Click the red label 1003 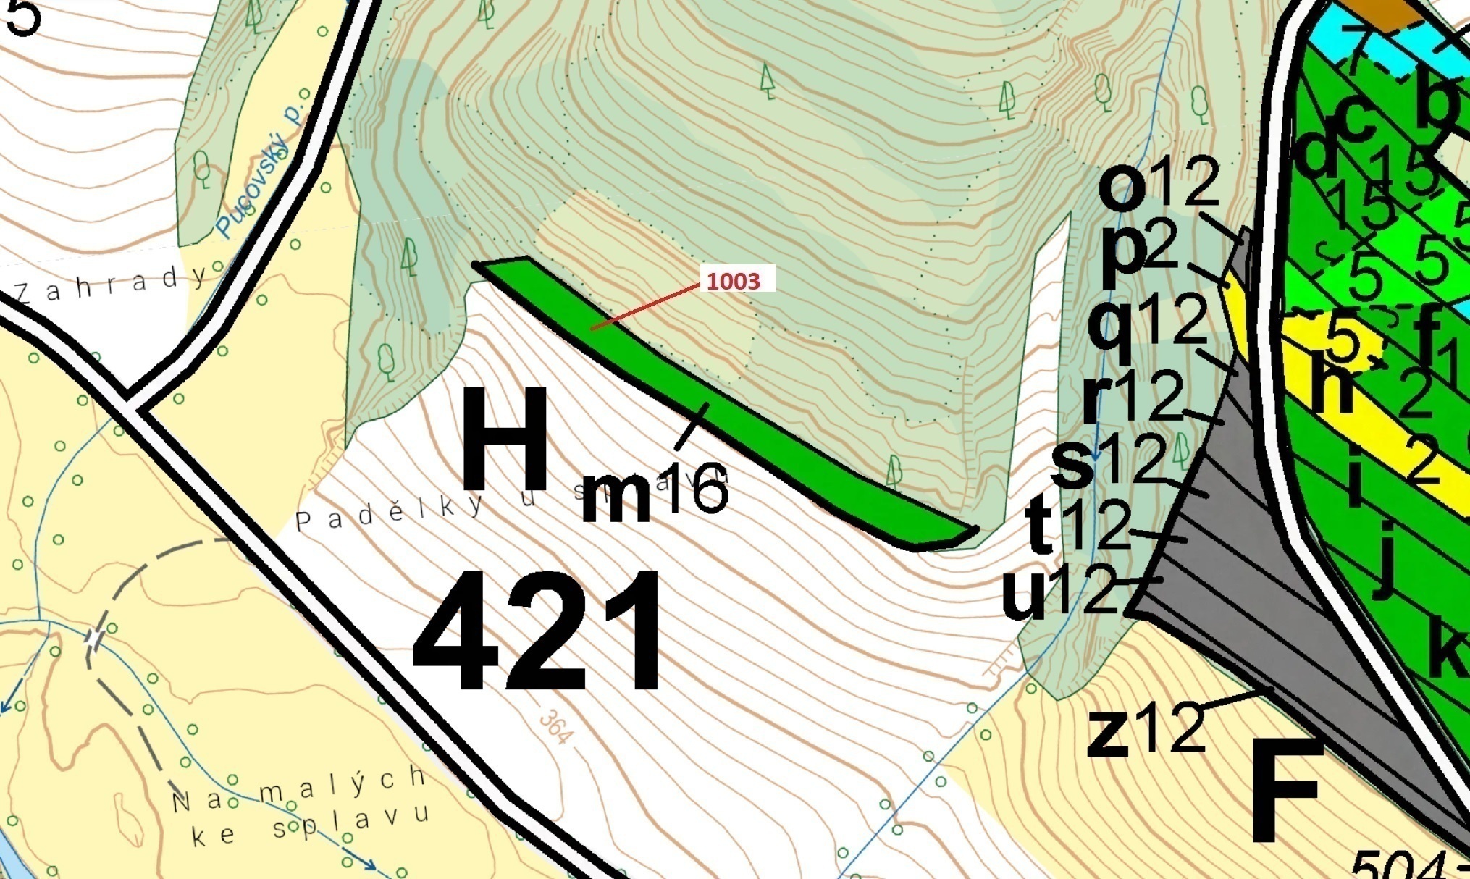click(x=733, y=281)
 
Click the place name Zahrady click(x=109, y=285)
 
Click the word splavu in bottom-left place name click(x=350, y=823)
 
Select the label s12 click(x=1108, y=460)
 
